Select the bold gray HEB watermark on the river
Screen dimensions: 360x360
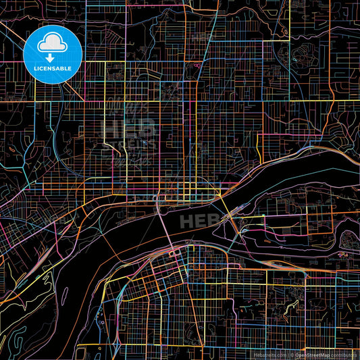tap(202, 220)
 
